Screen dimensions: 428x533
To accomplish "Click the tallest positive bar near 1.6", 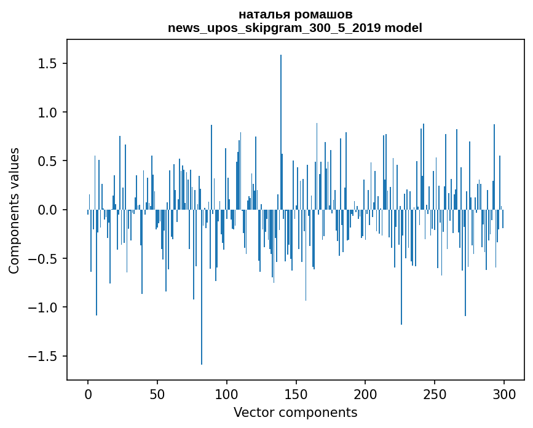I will point(281,123).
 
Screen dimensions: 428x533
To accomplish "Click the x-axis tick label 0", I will point(88,394).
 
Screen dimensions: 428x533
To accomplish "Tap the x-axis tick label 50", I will point(157,394).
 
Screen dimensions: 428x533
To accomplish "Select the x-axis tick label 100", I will point(227,394).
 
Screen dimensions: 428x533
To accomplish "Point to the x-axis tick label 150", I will point(296,394).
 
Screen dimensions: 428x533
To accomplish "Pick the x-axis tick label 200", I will point(365,394).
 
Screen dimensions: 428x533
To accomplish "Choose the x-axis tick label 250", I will point(435,394).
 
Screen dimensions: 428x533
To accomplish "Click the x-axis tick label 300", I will point(504,394).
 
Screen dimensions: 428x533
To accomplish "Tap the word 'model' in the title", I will point(403,28).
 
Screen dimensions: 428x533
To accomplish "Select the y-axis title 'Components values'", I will point(14,210).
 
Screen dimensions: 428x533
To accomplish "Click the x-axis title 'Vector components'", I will point(295,412).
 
